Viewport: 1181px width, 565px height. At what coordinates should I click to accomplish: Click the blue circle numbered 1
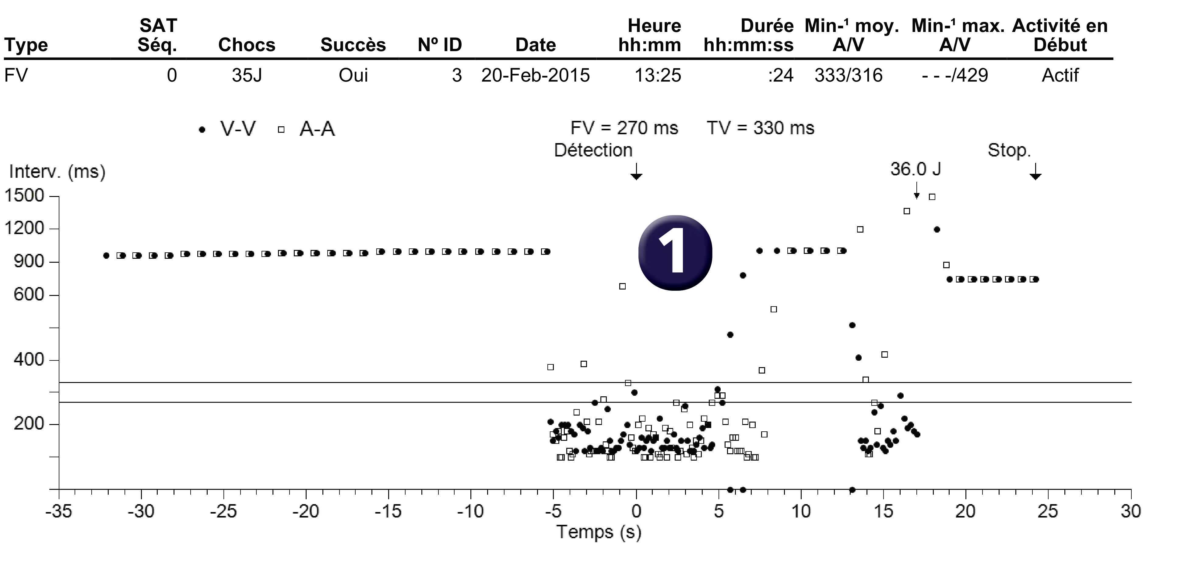(675, 252)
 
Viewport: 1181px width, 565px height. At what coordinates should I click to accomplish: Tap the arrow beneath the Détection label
(636, 171)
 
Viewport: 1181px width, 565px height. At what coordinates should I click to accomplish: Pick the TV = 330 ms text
(761, 128)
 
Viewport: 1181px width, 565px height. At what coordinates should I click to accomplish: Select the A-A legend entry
(307, 129)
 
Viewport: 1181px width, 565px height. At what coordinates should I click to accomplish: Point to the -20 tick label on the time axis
(306, 511)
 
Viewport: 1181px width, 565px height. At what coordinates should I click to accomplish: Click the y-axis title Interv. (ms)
(57, 172)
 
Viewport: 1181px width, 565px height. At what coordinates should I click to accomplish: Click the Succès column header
(353, 45)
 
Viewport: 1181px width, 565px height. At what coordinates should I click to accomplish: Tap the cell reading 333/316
(848, 75)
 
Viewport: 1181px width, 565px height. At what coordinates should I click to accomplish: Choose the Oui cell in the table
(353, 75)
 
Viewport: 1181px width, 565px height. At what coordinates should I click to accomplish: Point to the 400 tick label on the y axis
(29, 360)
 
